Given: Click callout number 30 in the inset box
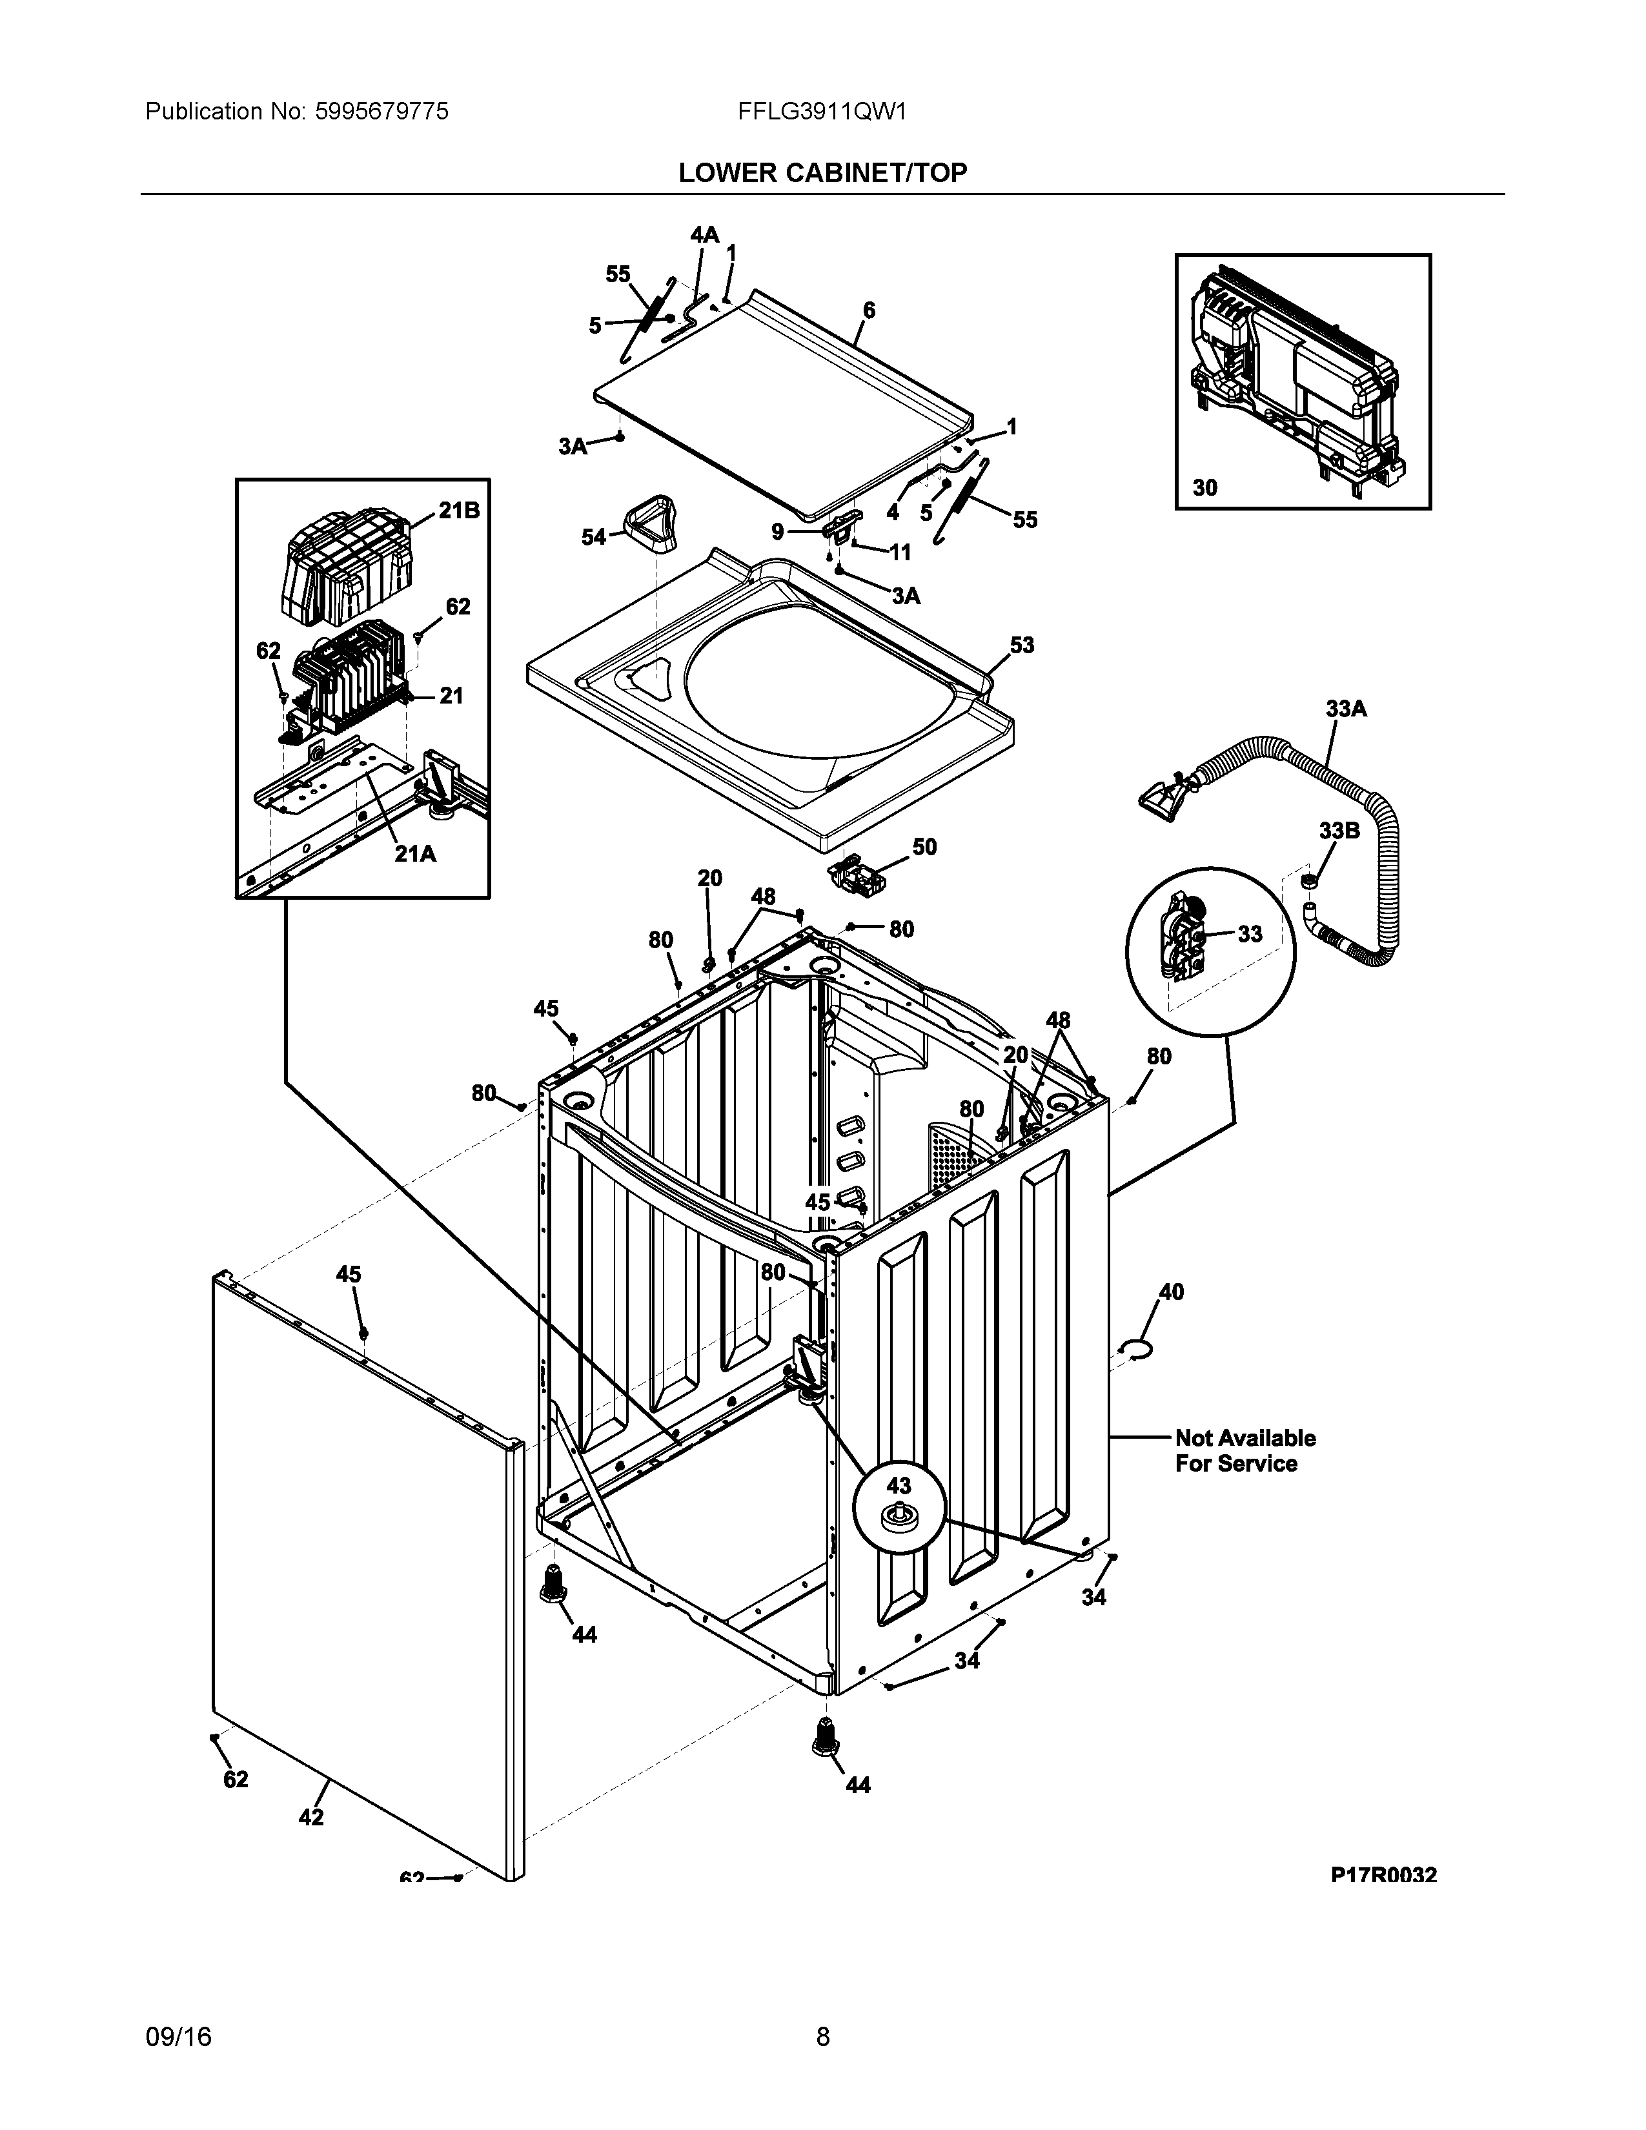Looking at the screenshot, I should point(1205,487).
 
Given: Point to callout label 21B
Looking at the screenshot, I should point(458,510).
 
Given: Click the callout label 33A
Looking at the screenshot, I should point(1346,709).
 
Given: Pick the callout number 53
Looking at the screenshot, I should point(1021,645).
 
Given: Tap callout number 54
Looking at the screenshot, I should point(593,536).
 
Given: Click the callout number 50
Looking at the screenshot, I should point(924,847).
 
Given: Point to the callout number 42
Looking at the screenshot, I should point(311,1817).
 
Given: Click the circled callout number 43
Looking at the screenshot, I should point(898,1485).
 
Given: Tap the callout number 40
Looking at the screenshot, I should point(1170,1292).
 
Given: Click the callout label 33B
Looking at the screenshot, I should point(1339,831).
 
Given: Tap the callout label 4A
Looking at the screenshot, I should point(704,235).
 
